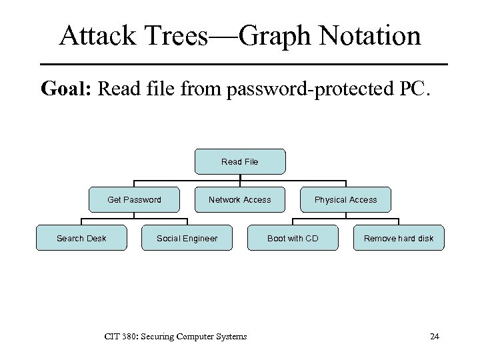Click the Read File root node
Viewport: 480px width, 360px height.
[x=240, y=161]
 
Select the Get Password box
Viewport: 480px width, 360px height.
[x=134, y=199]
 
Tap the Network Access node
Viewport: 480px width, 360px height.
[x=240, y=199]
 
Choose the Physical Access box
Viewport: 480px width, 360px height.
[x=345, y=199]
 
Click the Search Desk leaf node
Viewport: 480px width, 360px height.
[x=81, y=238]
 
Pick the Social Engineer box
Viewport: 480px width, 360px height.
[x=187, y=238]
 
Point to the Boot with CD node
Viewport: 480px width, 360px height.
[x=293, y=238]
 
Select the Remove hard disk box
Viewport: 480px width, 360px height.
[x=398, y=238]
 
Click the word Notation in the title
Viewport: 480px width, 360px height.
[x=373, y=36]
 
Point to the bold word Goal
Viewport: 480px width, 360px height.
[x=66, y=89]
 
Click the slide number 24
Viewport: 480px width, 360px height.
[x=435, y=336]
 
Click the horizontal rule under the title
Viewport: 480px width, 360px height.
[x=244, y=64]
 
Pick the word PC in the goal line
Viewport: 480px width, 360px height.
[x=414, y=89]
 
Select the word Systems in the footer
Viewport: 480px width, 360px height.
[x=231, y=336]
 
